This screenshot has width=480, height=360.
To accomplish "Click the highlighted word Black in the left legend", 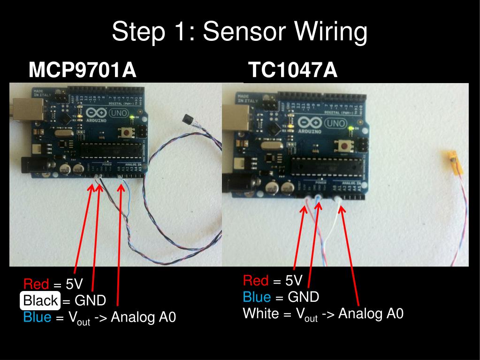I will pyautogui.click(x=40, y=300).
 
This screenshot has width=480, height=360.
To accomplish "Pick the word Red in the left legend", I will pyautogui.click(x=36, y=284).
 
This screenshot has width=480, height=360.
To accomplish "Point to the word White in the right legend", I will pyautogui.click(x=260, y=313).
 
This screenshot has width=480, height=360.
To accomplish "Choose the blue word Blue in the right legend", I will pyautogui.click(x=257, y=297).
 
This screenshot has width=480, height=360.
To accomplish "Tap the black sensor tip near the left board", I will pyautogui.click(x=188, y=120).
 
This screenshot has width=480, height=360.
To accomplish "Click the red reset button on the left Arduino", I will pyautogui.click(x=127, y=133).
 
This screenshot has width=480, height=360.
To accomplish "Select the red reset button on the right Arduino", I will pyautogui.click(x=344, y=146).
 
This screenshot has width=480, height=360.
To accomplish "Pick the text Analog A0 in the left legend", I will pyautogui.click(x=143, y=317).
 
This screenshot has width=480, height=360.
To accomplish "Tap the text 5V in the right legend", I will pyautogui.click(x=294, y=281).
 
